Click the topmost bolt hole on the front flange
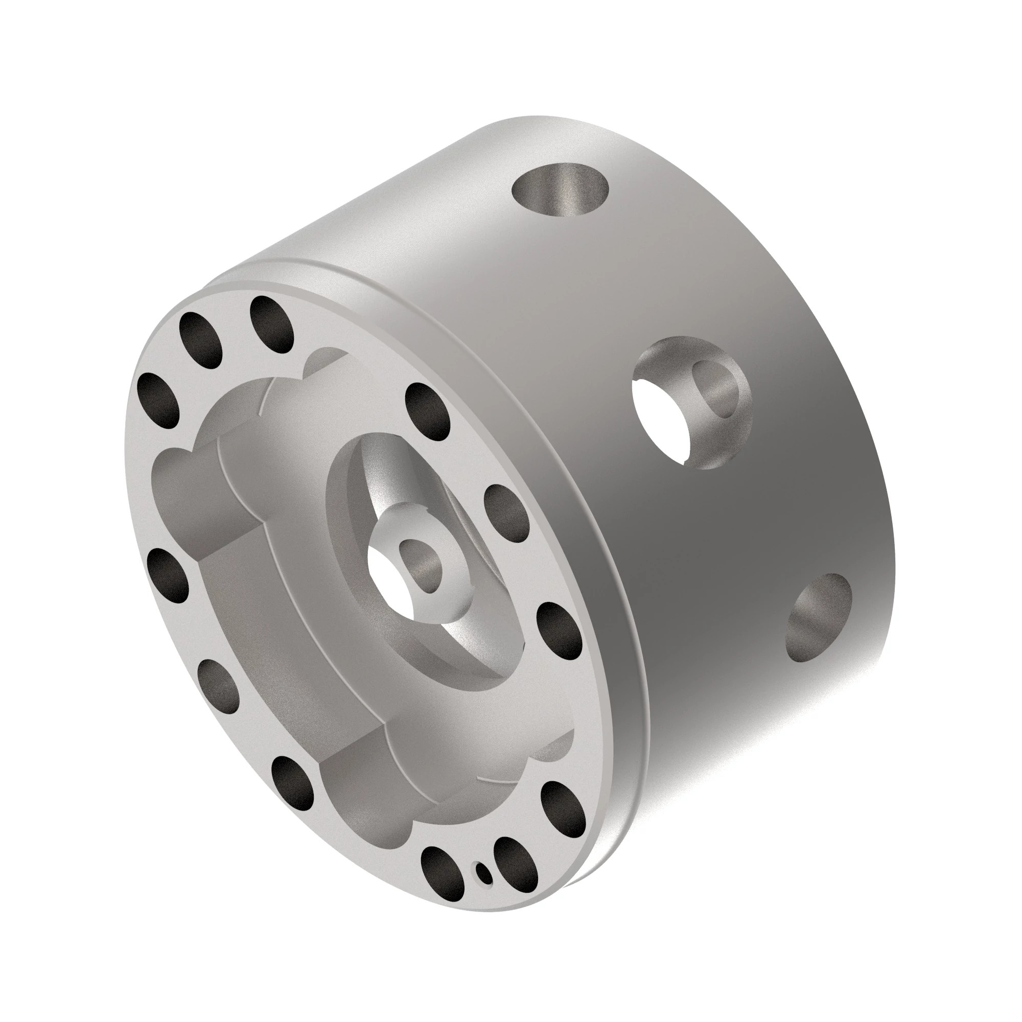click(272, 324)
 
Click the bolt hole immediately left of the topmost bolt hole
click(201, 339)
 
